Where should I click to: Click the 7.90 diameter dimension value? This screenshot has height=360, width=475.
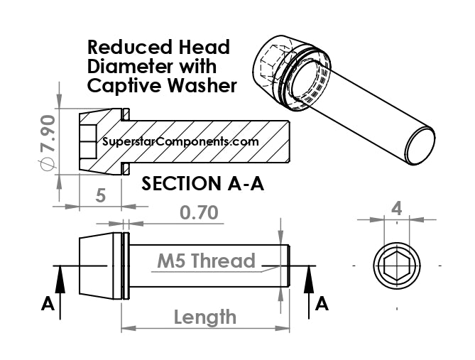48,133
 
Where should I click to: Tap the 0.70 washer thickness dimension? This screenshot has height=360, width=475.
199,212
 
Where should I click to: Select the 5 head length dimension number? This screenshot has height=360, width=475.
100,195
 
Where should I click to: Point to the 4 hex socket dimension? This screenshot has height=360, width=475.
396,209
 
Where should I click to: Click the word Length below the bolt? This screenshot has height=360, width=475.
205,317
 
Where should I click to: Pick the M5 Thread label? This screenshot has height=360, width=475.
207,261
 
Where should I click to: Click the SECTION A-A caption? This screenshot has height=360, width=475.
202,183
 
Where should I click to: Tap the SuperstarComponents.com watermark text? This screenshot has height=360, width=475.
180,141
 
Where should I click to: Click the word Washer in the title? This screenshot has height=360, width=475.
202,85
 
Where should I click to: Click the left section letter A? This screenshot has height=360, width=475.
48,304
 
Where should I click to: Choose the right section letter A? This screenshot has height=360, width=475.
322,304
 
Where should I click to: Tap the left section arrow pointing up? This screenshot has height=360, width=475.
60,292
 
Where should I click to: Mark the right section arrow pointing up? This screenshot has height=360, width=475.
309,292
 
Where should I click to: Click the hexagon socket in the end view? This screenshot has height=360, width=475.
397,266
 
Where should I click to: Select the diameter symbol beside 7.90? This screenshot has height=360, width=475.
48,163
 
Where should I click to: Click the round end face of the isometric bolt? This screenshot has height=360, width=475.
420,146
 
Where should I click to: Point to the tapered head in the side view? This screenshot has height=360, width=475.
97,266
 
